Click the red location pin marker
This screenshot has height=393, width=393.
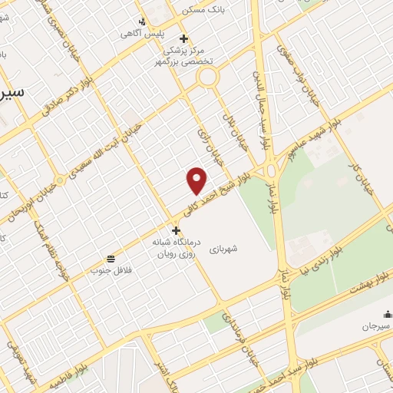(197, 180)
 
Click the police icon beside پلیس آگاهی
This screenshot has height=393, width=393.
(141, 21)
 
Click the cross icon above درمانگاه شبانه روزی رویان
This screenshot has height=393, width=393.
(176, 230)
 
